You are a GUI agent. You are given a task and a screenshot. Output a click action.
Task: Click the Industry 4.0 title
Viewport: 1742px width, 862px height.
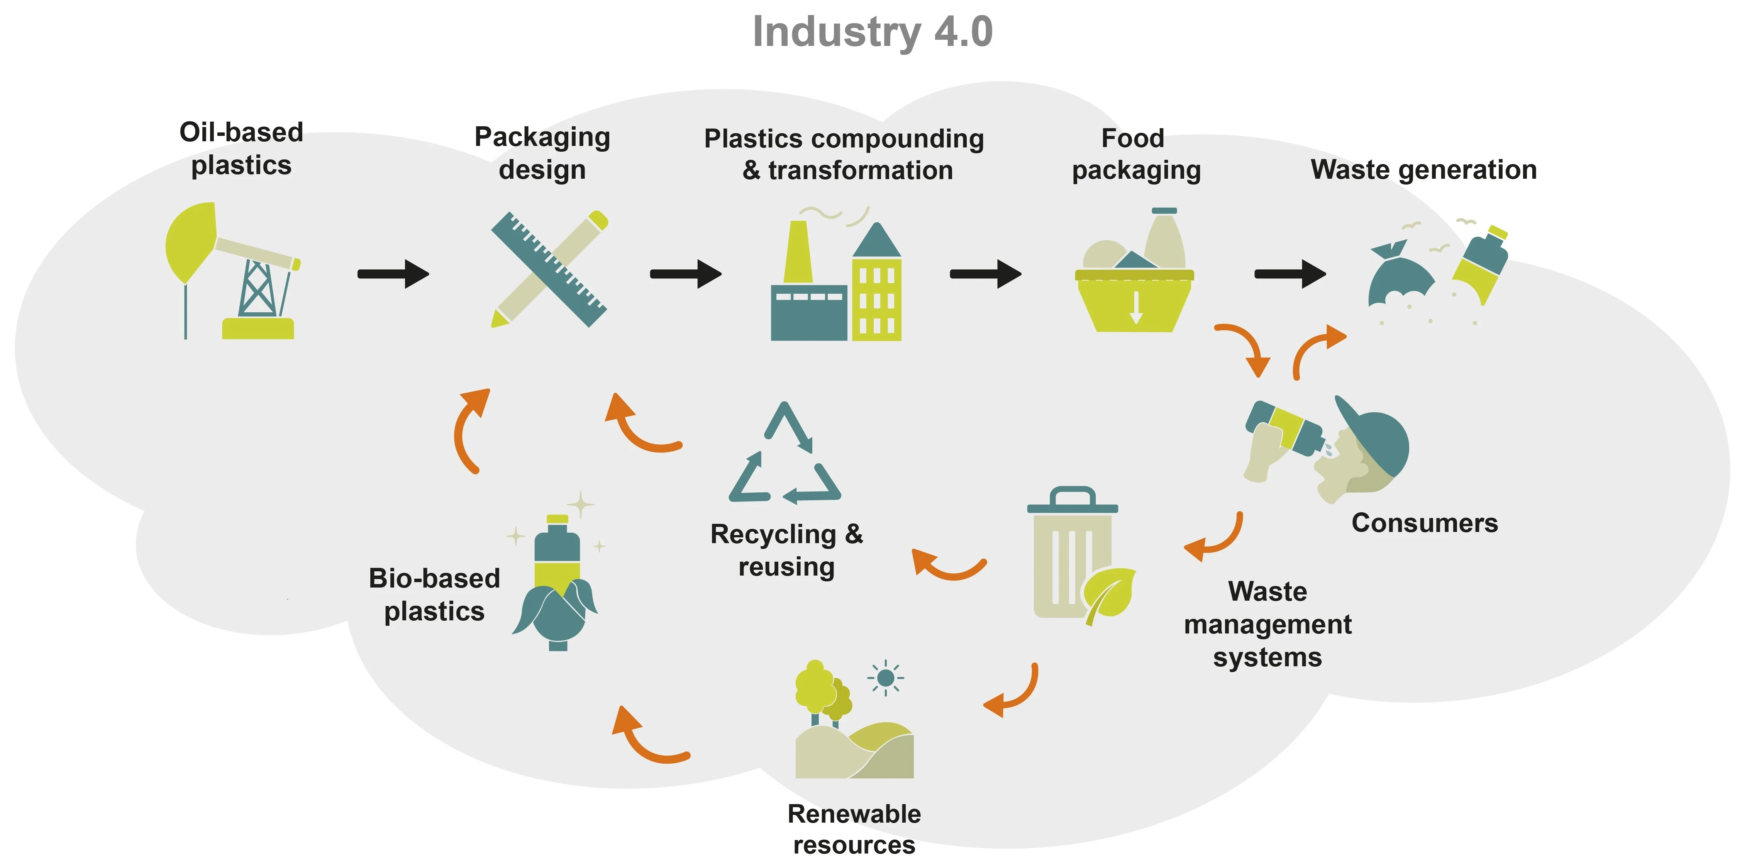(x=873, y=32)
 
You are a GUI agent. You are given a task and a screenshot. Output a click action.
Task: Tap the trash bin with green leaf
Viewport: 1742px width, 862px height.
(x=1075, y=554)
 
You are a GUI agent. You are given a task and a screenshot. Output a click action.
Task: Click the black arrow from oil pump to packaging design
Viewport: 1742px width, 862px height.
(x=393, y=274)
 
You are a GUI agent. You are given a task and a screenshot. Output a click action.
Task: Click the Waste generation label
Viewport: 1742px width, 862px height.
(x=1423, y=170)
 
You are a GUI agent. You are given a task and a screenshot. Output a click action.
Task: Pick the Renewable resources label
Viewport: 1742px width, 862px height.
(x=854, y=829)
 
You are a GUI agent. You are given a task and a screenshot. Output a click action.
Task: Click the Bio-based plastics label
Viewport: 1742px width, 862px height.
(x=434, y=595)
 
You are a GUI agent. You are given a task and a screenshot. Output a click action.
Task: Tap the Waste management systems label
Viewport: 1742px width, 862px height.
(x=1267, y=624)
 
